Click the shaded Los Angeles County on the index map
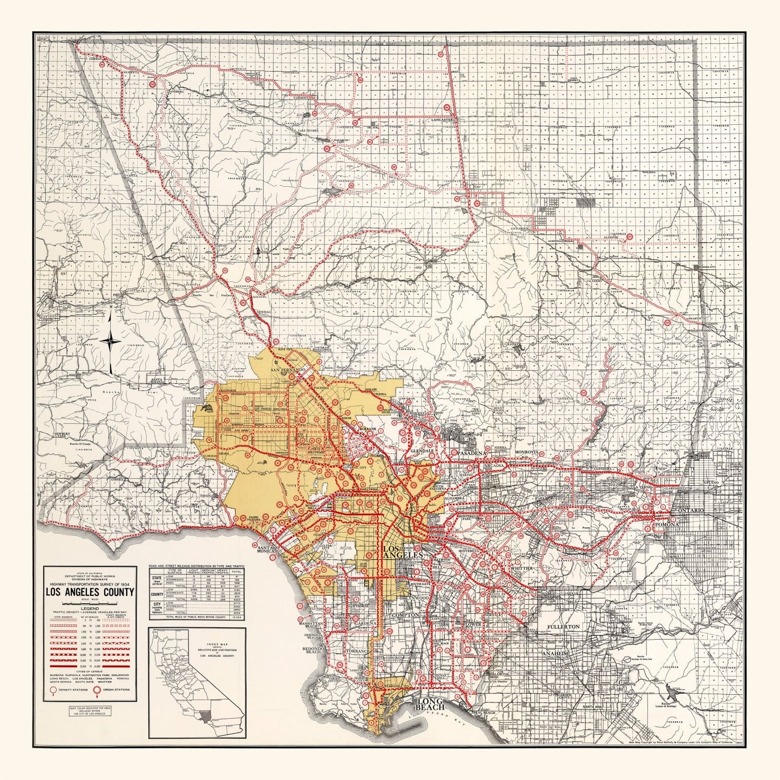click(x=204, y=716)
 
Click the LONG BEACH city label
click(x=430, y=705)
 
